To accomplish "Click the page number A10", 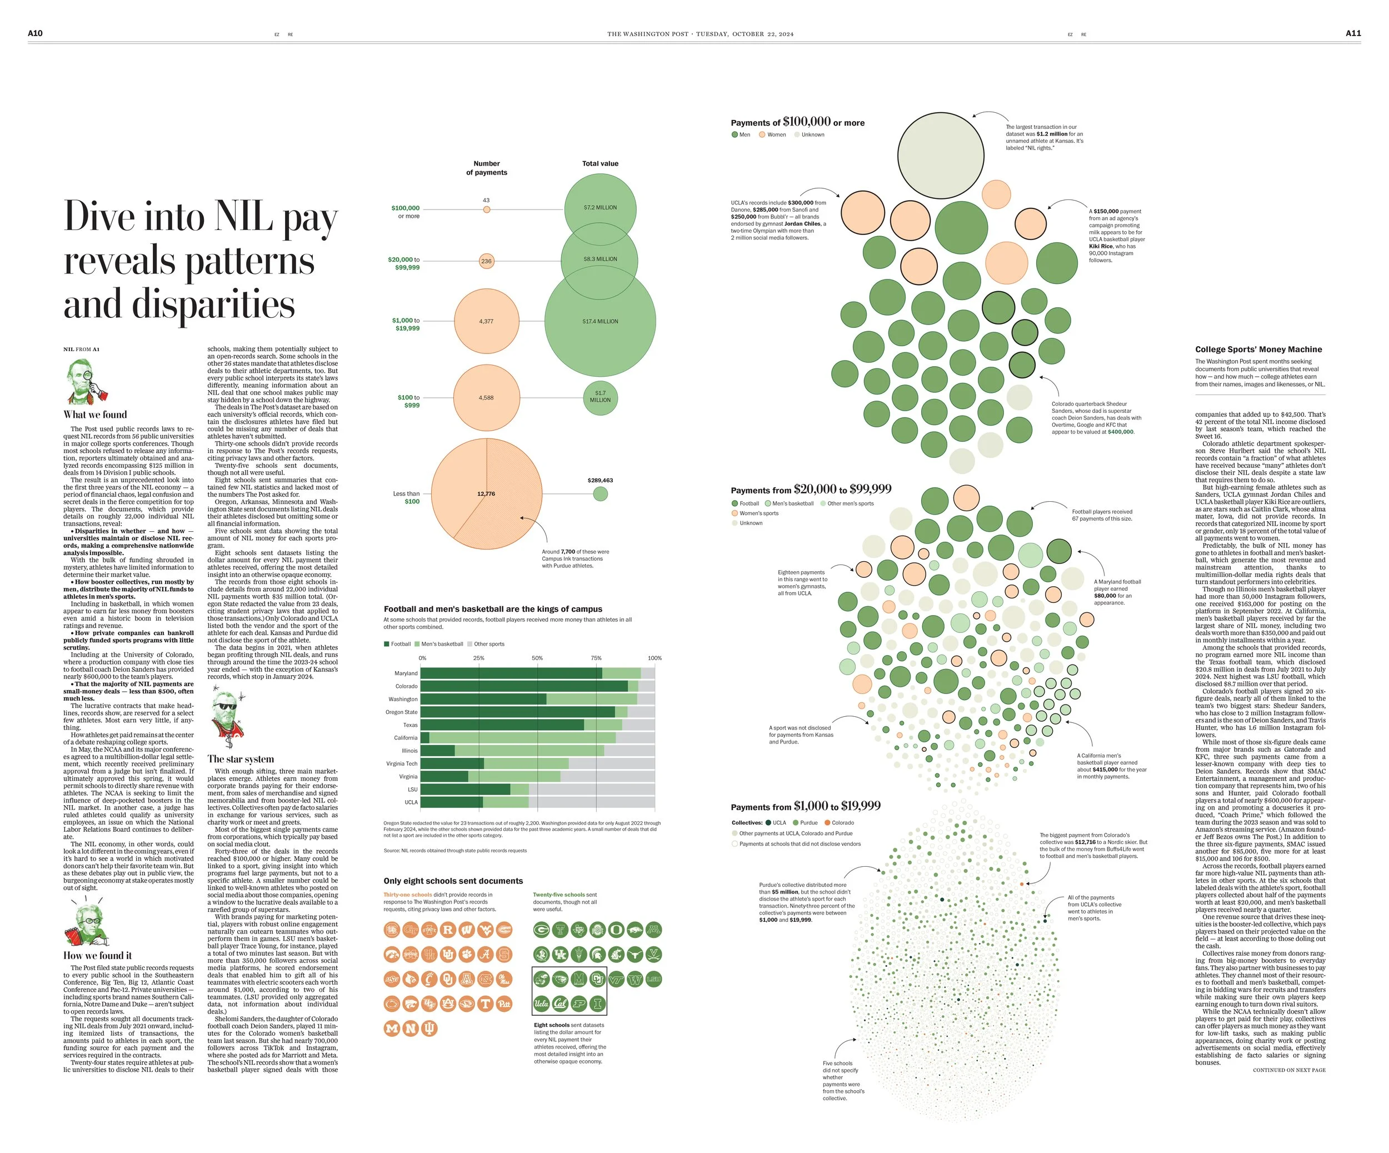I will pos(35,33).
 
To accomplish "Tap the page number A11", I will pos(1353,33).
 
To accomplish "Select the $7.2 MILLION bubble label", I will pos(600,208).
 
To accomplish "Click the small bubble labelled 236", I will pos(486,261).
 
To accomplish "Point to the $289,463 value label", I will pos(600,480).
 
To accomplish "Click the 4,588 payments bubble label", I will pos(486,397).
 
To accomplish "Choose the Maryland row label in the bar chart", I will pos(406,673).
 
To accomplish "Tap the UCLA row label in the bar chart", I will pos(411,802).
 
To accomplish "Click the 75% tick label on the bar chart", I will pos(596,658).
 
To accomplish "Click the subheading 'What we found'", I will pos(95,415).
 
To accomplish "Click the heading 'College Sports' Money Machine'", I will pos(1258,350).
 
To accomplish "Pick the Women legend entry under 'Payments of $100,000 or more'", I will pos(772,135).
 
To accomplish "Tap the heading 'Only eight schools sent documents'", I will pos(453,881).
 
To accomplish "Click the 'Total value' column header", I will pos(600,163).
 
